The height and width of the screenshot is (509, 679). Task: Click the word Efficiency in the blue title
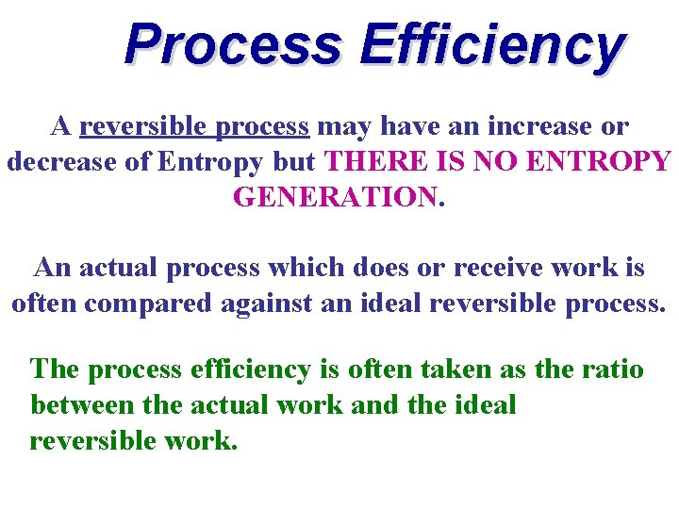(x=491, y=45)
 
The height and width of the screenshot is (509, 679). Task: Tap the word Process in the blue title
(x=233, y=45)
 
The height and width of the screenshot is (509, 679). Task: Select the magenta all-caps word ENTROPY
(x=599, y=161)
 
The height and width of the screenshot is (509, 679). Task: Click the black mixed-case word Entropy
(x=210, y=161)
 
